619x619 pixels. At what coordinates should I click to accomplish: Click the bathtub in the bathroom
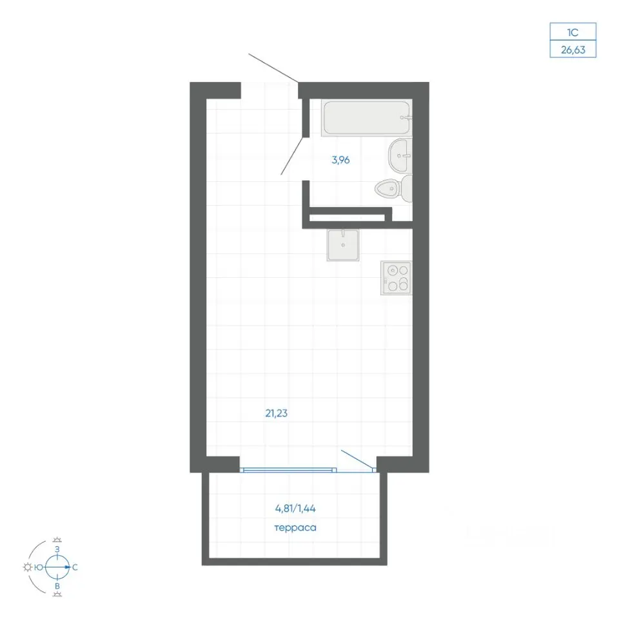(x=367, y=117)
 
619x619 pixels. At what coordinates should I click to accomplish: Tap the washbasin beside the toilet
(x=400, y=155)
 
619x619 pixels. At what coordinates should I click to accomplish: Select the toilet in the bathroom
(x=394, y=189)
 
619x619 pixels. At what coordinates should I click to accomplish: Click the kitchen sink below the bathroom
(x=343, y=245)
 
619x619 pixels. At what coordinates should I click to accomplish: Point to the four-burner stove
(x=397, y=277)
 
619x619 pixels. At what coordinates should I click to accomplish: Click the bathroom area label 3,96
(x=340, y=160)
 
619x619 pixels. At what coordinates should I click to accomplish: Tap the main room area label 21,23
(x=277, y=413)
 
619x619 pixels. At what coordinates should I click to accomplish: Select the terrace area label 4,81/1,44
(x=295, y=509)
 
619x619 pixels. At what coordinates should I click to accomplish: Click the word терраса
(x=295, y=528)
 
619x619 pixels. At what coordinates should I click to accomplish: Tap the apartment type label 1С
(x=573, y=32)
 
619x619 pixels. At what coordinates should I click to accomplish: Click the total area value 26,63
(x=573, y=50)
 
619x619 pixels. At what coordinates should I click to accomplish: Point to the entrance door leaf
(x=273, y=68)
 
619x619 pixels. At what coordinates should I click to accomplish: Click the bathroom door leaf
(x=293, y=155)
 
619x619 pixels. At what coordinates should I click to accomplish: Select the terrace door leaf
(x=357, y=460)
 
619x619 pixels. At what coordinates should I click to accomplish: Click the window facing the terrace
(x=288, y=470)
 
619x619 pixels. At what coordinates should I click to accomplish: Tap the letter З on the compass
(x=57, y=549)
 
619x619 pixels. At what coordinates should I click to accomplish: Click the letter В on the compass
(x=57, y=586)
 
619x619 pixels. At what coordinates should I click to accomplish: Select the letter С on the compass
(x=75, y=567)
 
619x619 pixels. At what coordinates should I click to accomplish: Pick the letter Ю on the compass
(x=39, y=567)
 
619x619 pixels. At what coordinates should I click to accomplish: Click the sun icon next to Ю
(x=28, y=567)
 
